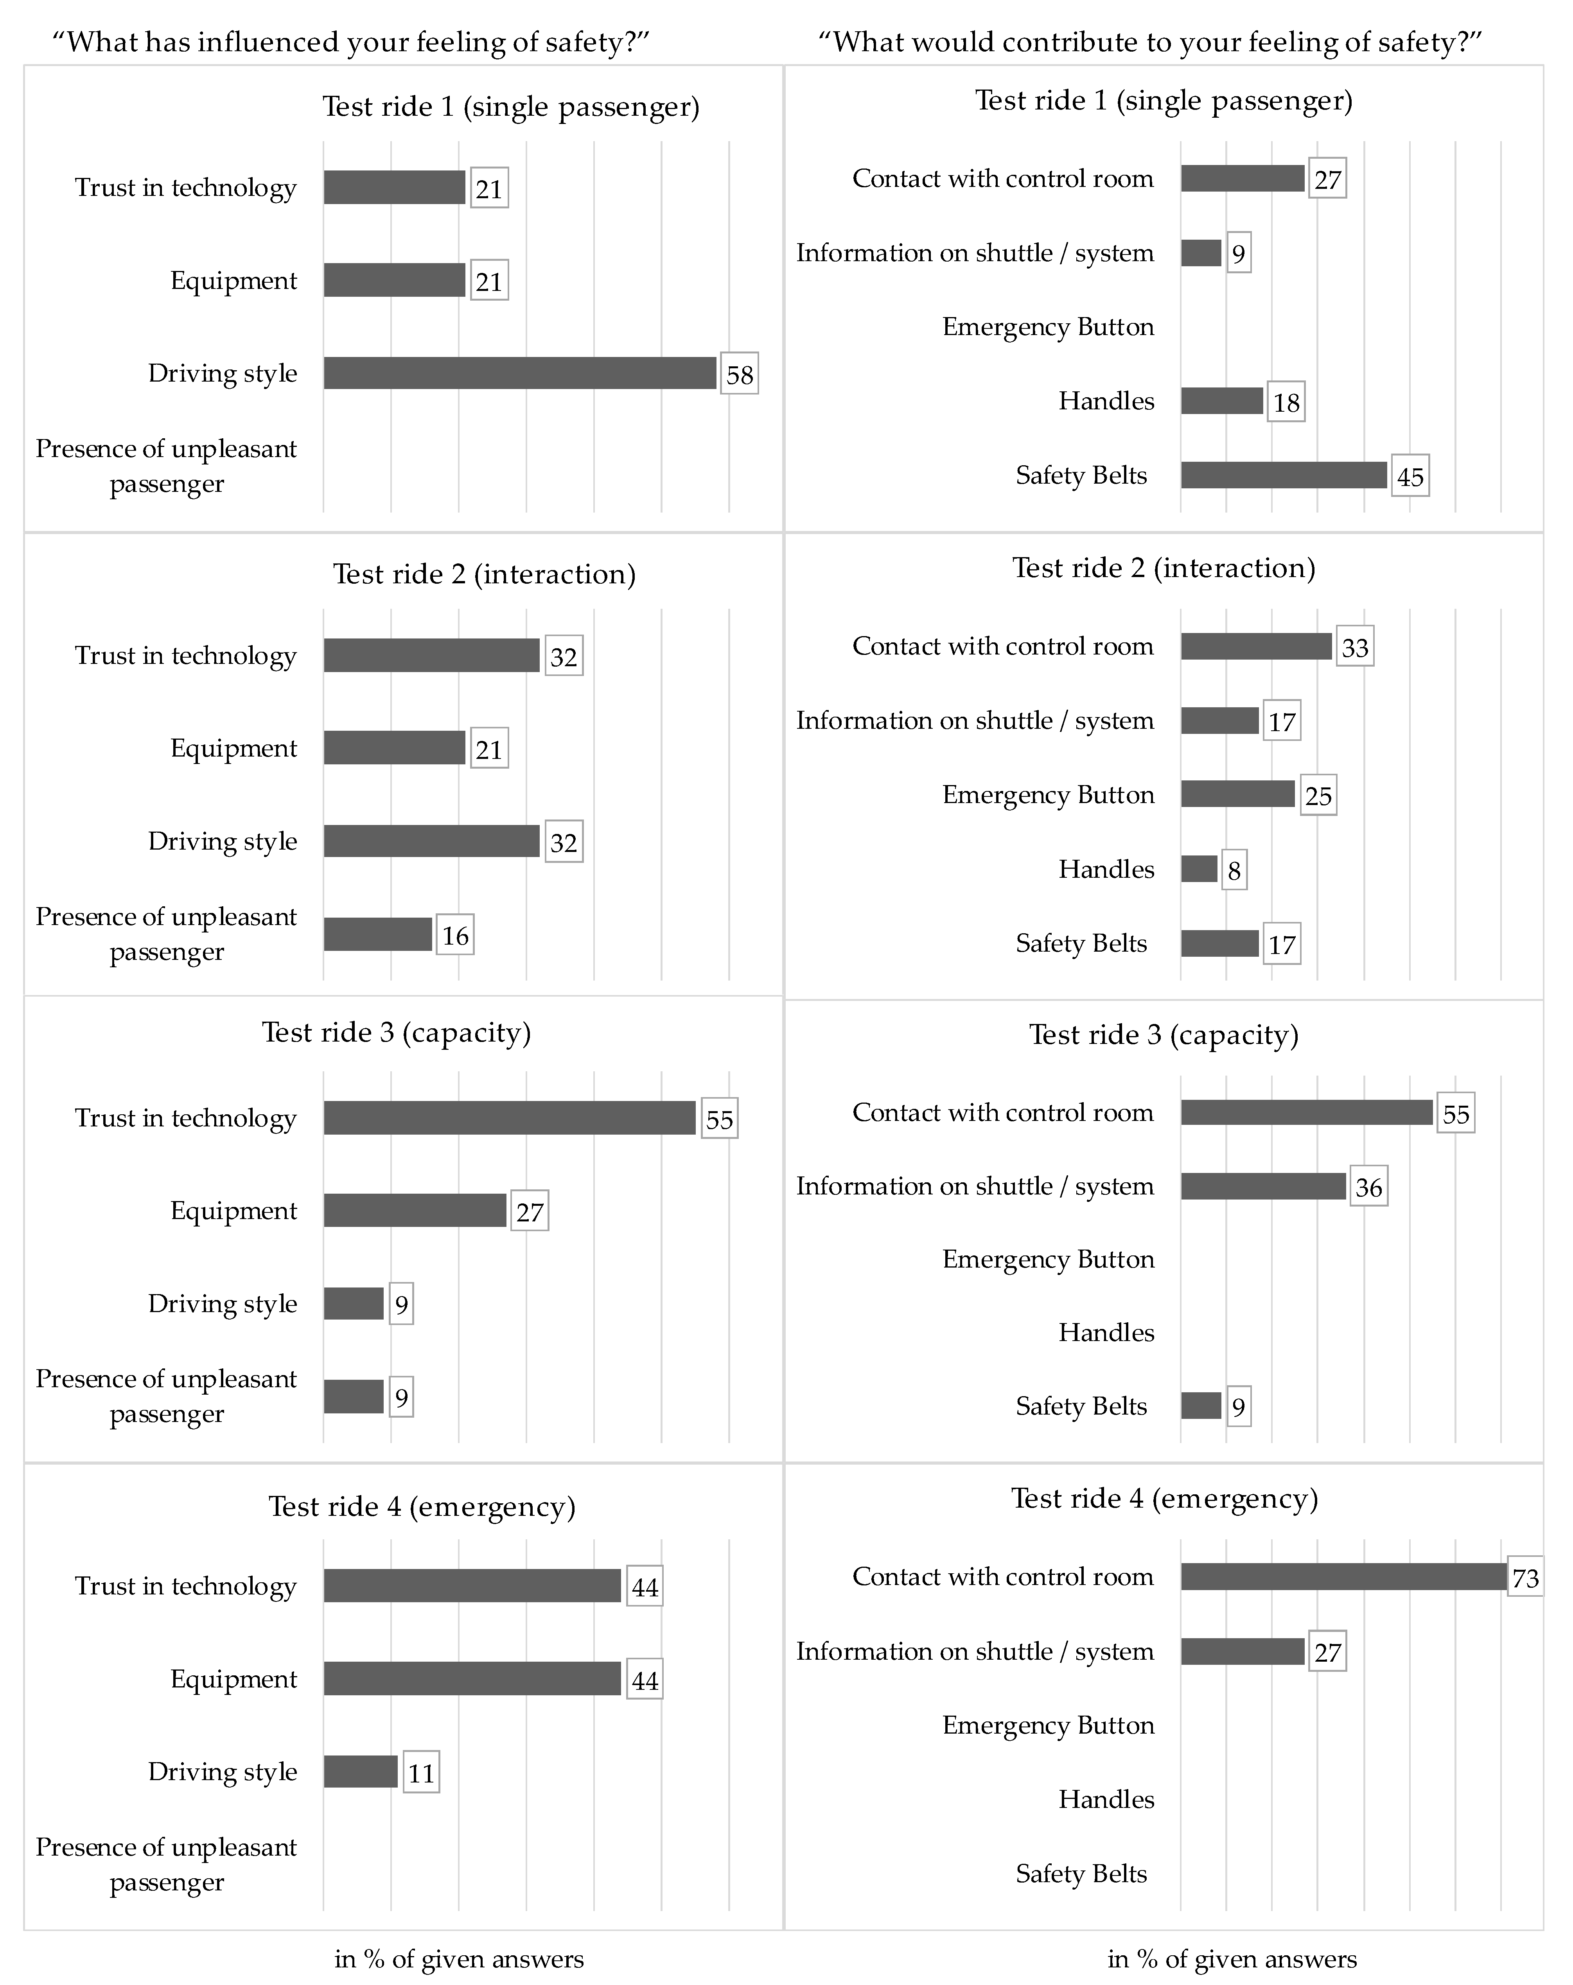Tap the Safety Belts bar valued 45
1284,475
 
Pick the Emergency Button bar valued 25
1238,794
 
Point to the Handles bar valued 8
1199,869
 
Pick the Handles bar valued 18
1222,400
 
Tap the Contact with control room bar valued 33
1256,646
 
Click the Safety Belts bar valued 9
1201,1406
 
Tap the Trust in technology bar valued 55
509,1118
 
